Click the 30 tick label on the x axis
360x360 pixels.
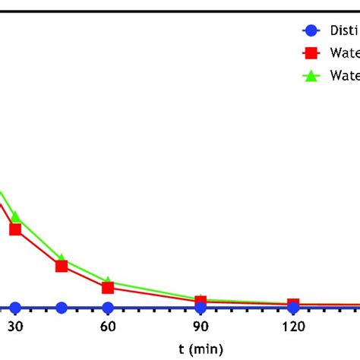(x=14, y=327)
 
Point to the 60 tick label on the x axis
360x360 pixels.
(x=108, y=327)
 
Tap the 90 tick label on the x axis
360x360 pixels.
(x=201, y=327)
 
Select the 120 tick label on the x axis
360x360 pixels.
(x=293, y=327)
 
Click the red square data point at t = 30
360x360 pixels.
(x=15, y=229)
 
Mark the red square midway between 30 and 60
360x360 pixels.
(x=62, y=266)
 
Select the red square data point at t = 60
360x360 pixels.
(x=108, y=288)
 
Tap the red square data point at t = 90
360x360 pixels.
(x=201, y=302)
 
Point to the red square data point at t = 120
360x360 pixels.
(x=293, y=305)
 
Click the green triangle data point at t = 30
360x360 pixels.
(x=15, y=217)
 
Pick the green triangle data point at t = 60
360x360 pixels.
(x=108, y=281)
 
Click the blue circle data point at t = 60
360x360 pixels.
(x=108, y=308)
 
